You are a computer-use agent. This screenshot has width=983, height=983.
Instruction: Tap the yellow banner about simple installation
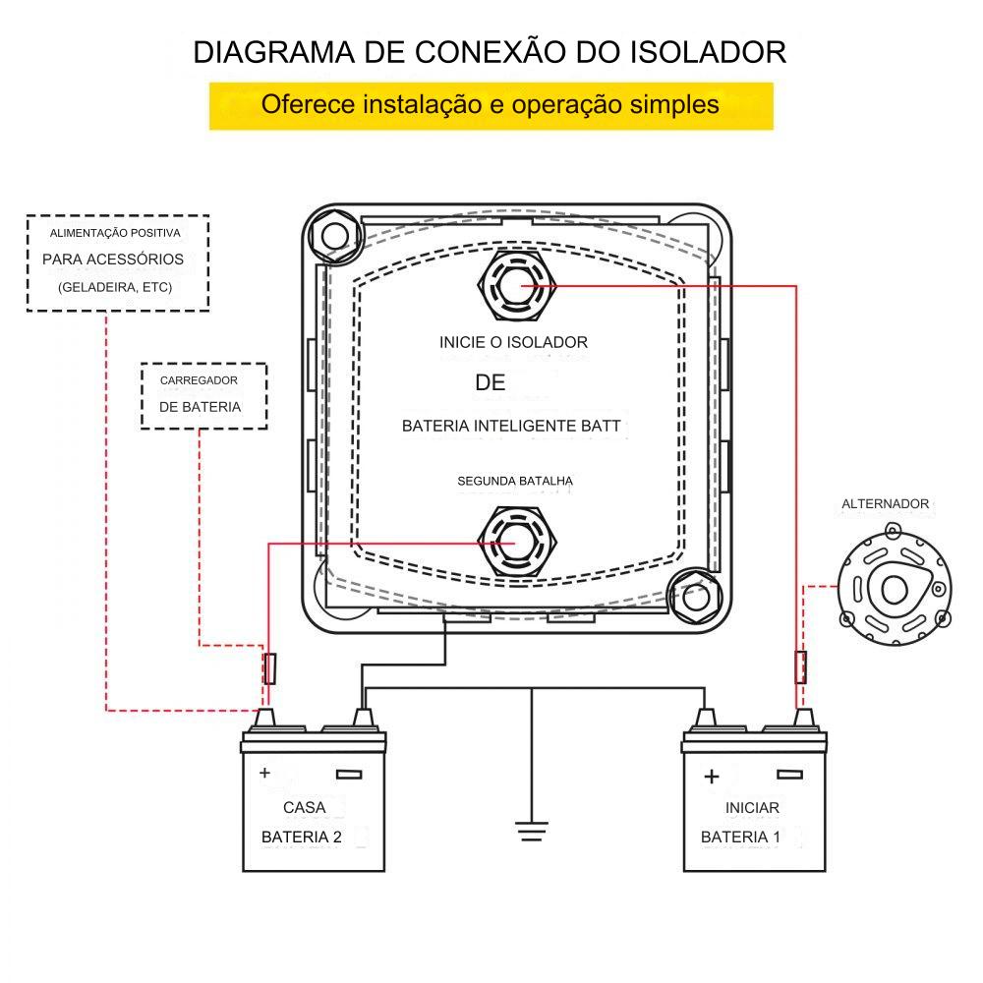[x=491, y=105]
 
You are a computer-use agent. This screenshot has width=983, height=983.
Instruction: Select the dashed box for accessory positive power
[x=117, y=262]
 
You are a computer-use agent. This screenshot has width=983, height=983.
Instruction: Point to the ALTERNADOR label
[x=885, y=504]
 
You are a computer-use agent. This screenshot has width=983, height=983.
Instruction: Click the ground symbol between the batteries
[x=531, y=831]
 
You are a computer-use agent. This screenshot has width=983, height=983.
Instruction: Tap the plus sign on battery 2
[x=264, y=774]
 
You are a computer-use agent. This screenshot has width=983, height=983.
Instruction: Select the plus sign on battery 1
[x=712, y=777]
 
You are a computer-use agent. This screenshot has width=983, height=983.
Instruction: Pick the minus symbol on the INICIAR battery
[x=788, y=775]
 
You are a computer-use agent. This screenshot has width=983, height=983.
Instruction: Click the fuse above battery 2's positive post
[x=270, y=667]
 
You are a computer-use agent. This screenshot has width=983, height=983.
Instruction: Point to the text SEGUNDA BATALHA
[x=515, y=482]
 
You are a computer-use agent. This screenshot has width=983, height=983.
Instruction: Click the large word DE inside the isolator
[x=490, y=383]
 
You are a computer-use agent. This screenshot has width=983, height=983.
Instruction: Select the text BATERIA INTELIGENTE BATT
[x=511, y=427]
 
